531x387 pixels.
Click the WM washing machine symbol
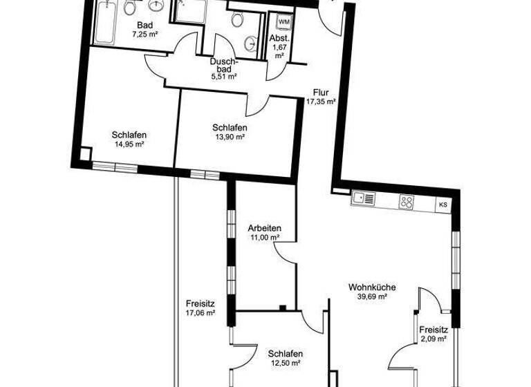coord(283,21)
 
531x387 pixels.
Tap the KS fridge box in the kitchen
coord(443,205)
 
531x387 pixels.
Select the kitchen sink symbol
coord(364,199)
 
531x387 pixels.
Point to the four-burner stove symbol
coord(407,202)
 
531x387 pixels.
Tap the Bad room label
coord(144,26)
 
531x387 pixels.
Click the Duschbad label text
coord(224,65)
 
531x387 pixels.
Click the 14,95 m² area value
coord(129,144)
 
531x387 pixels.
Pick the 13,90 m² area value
coord(230,138)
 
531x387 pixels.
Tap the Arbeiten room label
coord(264,228)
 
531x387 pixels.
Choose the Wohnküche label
coord(367,287)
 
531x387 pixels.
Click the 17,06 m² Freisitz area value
coord(201,312)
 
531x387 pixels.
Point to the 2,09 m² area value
coord(434,340)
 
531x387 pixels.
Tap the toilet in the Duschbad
coord(236,20)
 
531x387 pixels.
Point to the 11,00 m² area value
coord(264,238)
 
